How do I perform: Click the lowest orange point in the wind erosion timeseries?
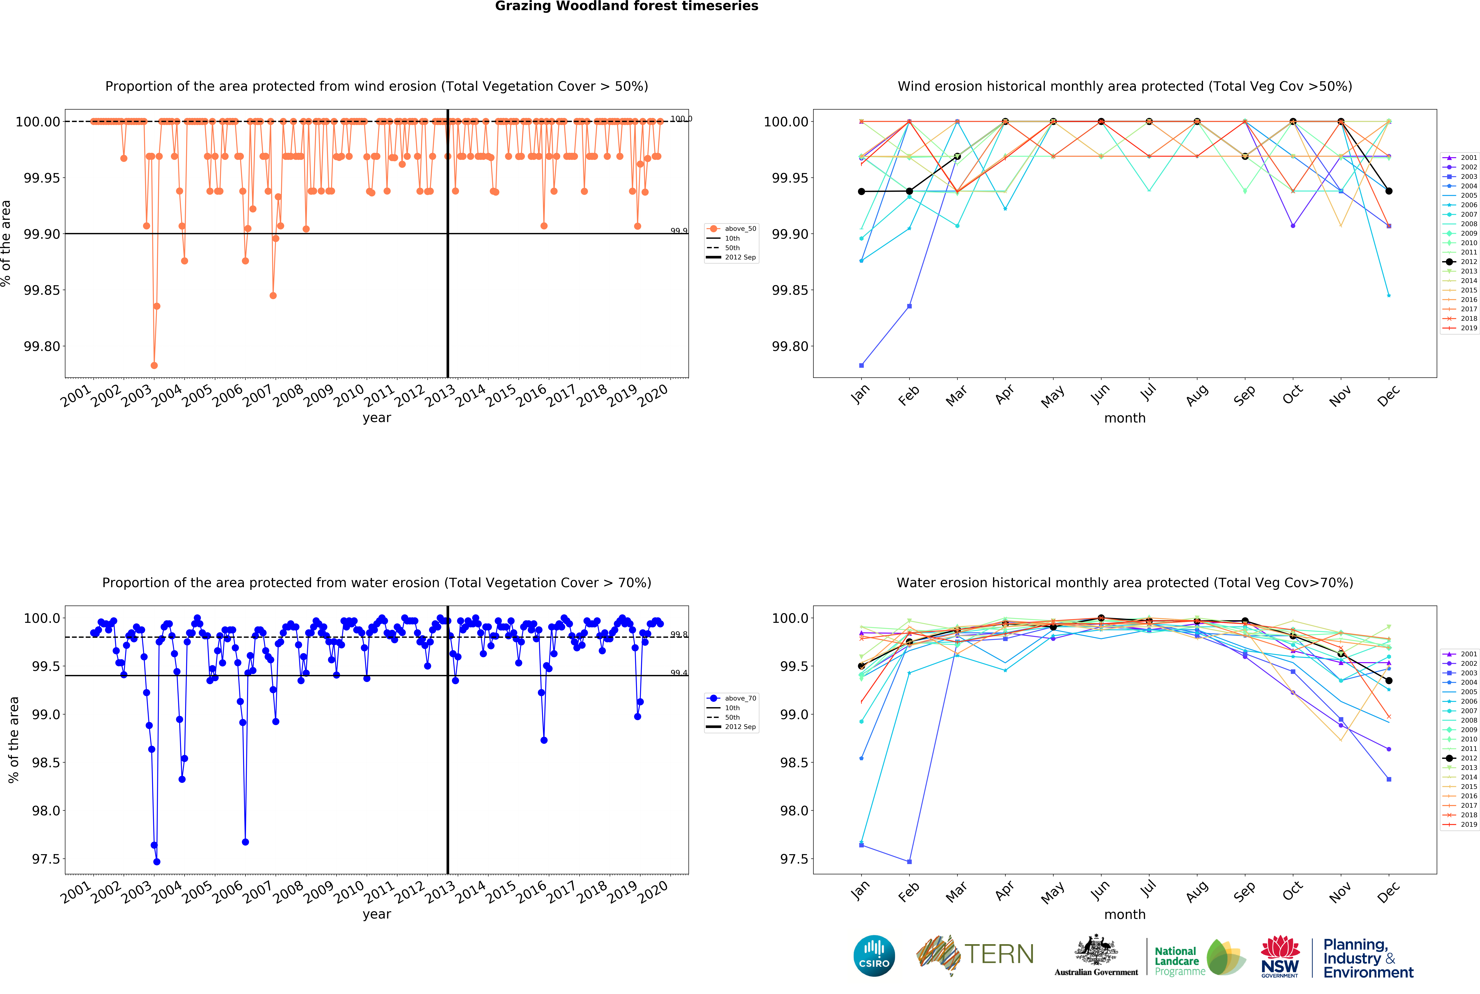[x=154, y=365]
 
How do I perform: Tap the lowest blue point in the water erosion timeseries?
[x=157, y=862]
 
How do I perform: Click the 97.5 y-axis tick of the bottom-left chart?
[x=46, y=859]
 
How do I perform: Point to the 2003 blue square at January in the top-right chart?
[x=861, y=365]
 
